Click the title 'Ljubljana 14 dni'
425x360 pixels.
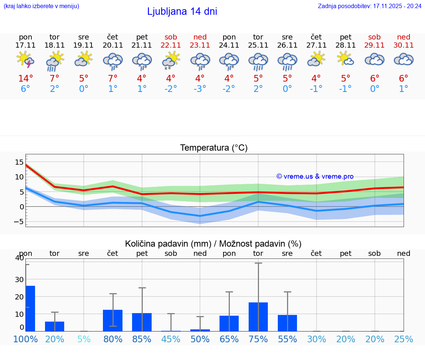[182, 11]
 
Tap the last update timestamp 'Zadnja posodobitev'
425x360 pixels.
[369, 6]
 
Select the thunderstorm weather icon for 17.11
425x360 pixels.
[25, 60]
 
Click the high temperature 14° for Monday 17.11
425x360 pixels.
[25, 79]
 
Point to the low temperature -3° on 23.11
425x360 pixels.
[200, 89]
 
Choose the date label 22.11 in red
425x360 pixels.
[171, 45]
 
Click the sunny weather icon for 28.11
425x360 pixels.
[345, 59]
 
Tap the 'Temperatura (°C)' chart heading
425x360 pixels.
[214, 148]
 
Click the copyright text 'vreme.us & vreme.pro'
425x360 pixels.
[315, 176]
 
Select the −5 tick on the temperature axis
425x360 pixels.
[18, 222]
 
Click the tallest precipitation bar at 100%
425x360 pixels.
[30, 308]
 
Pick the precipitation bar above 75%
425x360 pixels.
[258, 316]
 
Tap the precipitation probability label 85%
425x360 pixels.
[142, 339]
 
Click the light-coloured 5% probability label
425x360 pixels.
[84, 339]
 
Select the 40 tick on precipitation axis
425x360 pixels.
[19, 258]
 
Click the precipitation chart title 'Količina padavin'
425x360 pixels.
[213, 244]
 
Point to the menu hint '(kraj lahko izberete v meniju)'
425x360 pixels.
[41, 6]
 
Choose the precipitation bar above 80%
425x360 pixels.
[113, 320]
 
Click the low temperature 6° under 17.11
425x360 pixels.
[25, 89]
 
